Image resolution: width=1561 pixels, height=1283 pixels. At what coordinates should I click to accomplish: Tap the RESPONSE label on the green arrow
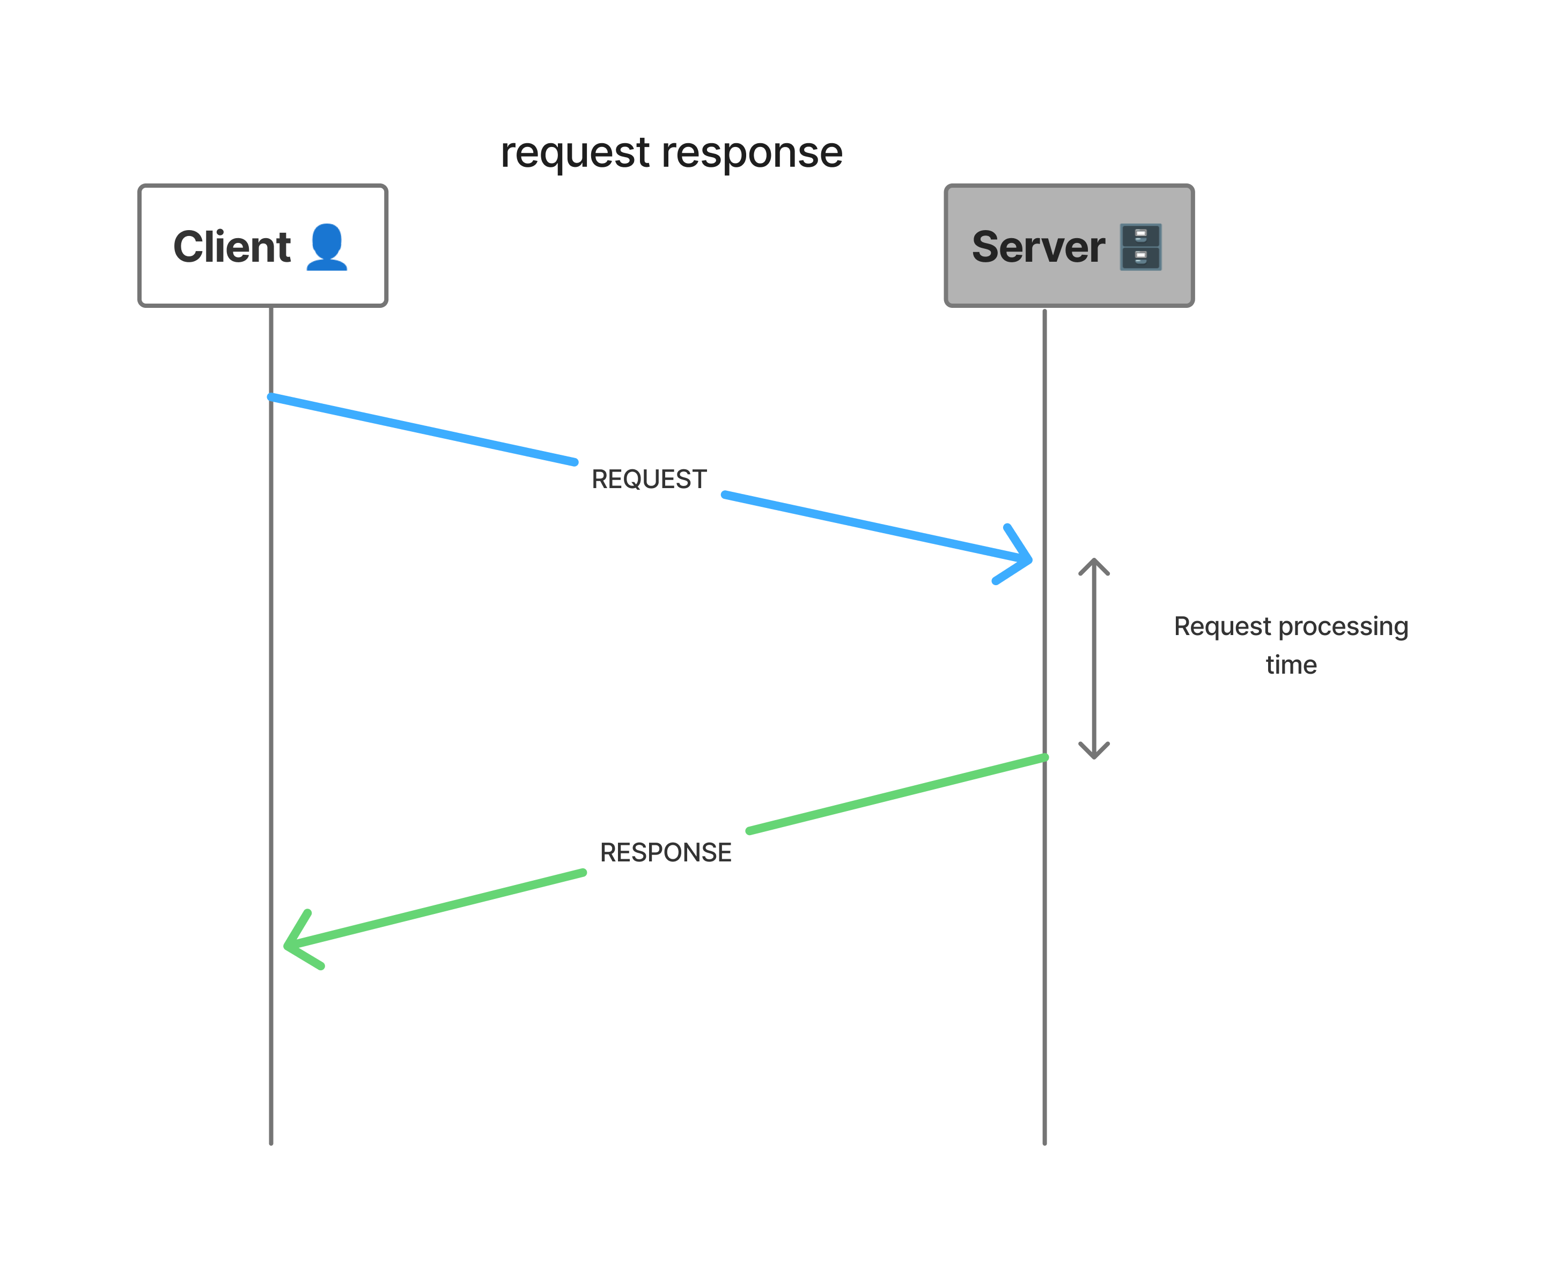pyautogui.click(x=665, y=852)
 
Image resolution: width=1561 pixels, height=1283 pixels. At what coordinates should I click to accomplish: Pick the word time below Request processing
pyautogui.click(x=1291, y=665)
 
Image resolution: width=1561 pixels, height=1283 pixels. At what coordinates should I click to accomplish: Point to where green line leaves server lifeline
pyautogui.click(x=1044, y=757)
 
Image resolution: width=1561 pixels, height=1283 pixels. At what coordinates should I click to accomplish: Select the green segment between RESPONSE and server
pyautogui.click(x=896, y=794)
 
